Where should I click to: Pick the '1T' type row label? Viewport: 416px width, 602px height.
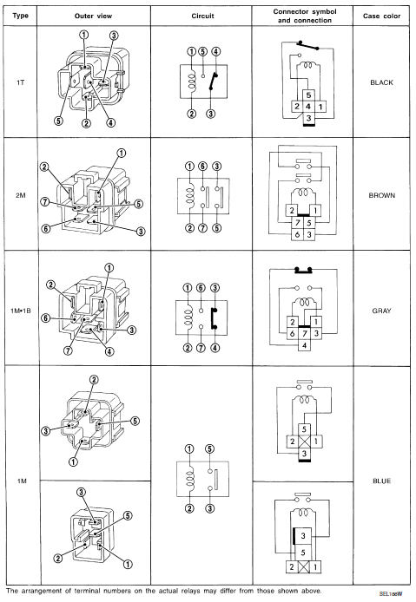click(20, 82)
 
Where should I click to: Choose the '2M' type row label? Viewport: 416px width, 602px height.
click(20, 196)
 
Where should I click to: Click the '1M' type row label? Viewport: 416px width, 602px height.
click(20, 479)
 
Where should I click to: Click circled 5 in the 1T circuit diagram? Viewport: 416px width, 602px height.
click(201, 50)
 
